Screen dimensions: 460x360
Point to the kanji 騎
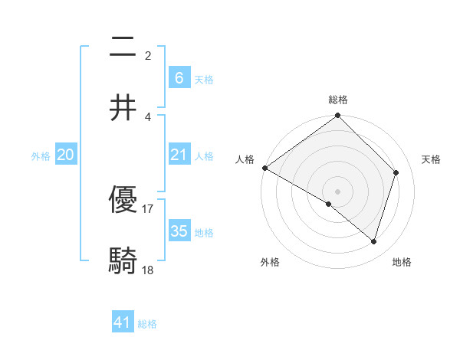[123, 260]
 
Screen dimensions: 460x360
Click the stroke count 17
[148, 208]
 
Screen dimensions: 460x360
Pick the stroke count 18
[148, 270]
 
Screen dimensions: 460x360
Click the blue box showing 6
[179, 77]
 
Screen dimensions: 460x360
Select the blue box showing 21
[179, 155]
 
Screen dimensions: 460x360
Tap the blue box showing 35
[179, 231]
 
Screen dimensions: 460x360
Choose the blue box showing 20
[66, 155]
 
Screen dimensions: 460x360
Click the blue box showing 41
[123, 322]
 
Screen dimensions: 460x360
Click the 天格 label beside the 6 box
[204, 79]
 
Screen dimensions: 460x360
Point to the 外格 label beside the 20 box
[41, 155]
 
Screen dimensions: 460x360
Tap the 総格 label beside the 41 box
[147, 324]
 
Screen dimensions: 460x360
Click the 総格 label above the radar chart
[338, 100]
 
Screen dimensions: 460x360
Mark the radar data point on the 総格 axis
[338, 116]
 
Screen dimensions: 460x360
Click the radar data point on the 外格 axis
[329, 204]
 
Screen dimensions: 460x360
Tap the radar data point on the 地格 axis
[374, 242]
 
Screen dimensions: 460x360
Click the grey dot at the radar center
[338, 191]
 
